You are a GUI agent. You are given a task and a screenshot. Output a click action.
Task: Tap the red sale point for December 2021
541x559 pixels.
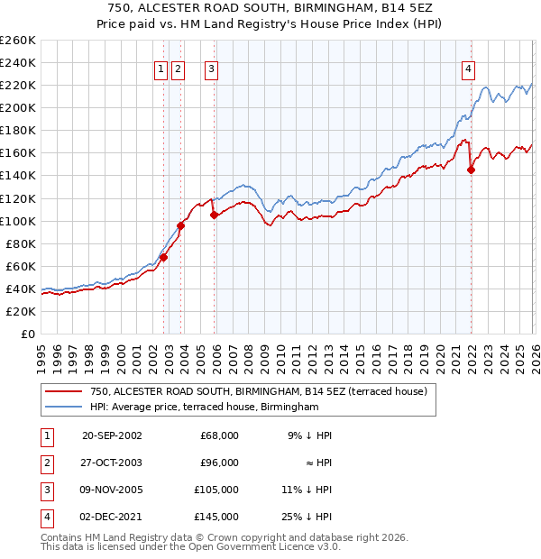click(471, 170)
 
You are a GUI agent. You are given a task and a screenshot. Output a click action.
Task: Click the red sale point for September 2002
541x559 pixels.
click(163, 257)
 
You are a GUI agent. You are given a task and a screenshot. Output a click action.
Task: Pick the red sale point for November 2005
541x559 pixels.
click(214, 215)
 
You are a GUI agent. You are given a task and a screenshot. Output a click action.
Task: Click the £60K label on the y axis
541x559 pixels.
click(20, 266)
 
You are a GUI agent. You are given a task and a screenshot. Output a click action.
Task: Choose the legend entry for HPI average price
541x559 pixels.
click(205, 408)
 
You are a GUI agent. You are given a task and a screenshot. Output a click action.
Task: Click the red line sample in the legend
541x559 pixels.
click(64, 391)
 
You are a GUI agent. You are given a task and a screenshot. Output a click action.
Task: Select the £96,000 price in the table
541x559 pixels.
click(219, 463)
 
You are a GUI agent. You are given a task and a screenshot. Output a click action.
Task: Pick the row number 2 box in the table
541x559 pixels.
click(44, 463)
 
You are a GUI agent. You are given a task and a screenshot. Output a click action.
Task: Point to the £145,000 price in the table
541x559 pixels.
click(216, 517)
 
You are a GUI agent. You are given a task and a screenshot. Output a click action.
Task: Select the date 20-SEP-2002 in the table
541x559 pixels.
click(112, 435)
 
